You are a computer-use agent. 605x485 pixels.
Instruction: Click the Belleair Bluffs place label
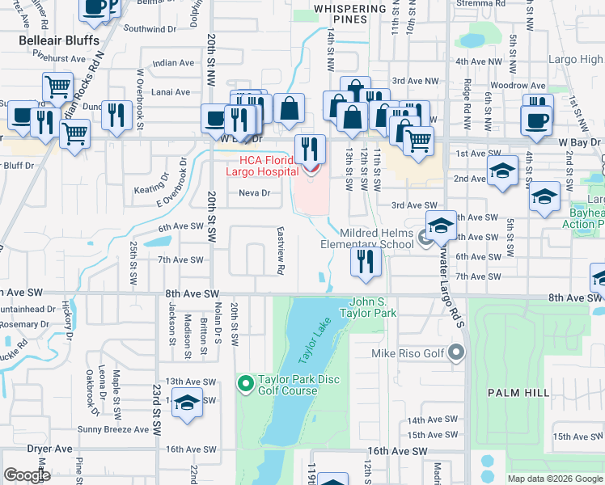click(x=59, y=40)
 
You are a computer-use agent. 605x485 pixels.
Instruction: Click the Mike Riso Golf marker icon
click(x=457, y=352)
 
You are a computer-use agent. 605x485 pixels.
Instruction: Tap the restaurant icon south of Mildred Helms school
click(x=366, y=262)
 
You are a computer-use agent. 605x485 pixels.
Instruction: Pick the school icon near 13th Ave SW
click(x=187, y=403)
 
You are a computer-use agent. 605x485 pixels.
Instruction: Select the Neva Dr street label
click(x=254, y=193)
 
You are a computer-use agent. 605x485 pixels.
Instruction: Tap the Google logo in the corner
click(x=27, y=475)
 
